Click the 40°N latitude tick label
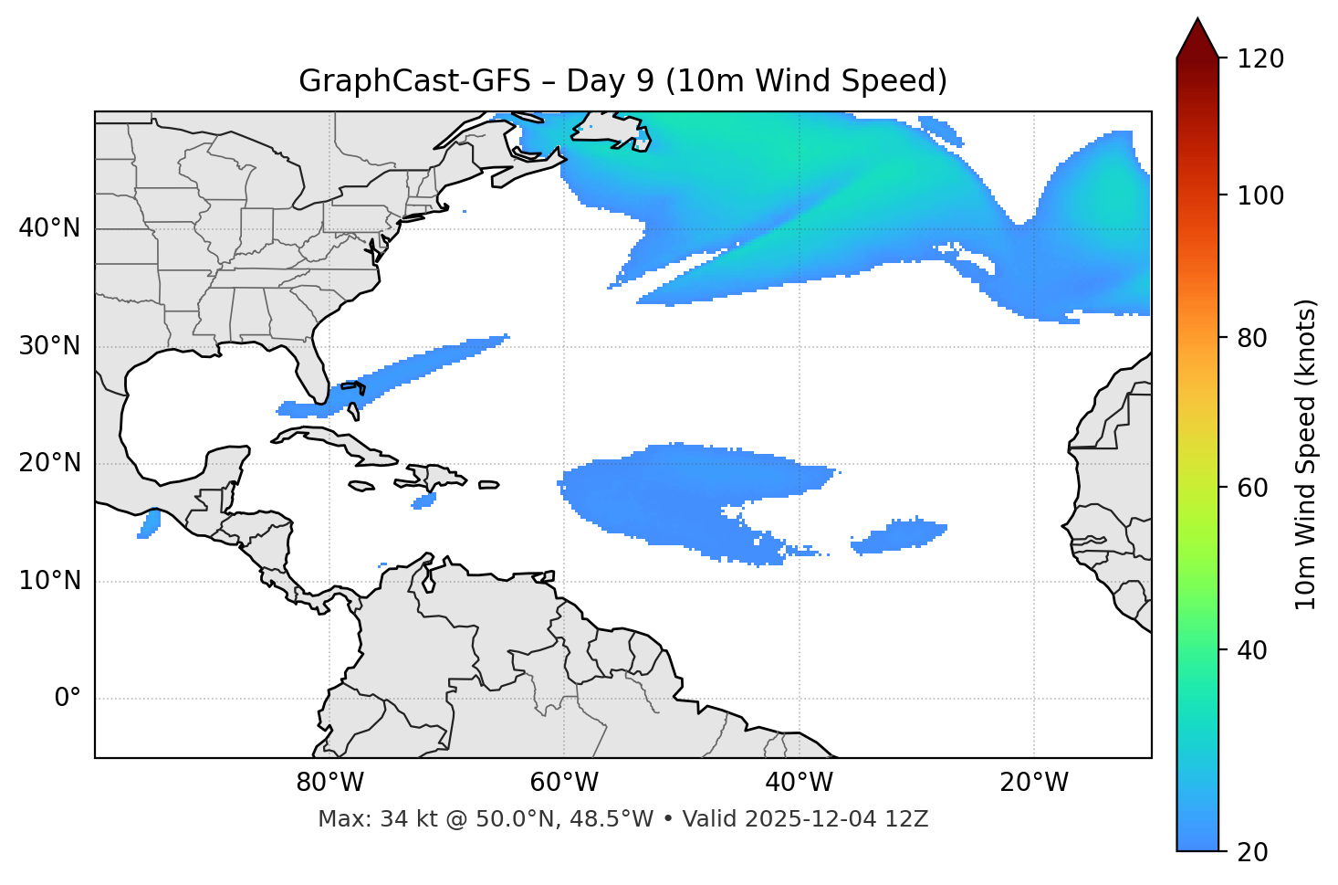49,228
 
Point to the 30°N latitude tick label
49,346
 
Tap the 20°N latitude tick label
49,463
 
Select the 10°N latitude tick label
49,581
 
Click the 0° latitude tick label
67,699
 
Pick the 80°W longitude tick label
329,783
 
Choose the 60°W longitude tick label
564,783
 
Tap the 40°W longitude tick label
800,783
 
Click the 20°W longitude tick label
1034,783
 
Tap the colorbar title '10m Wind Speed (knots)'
1306,455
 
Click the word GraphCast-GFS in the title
414,81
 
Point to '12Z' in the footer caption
907,819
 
